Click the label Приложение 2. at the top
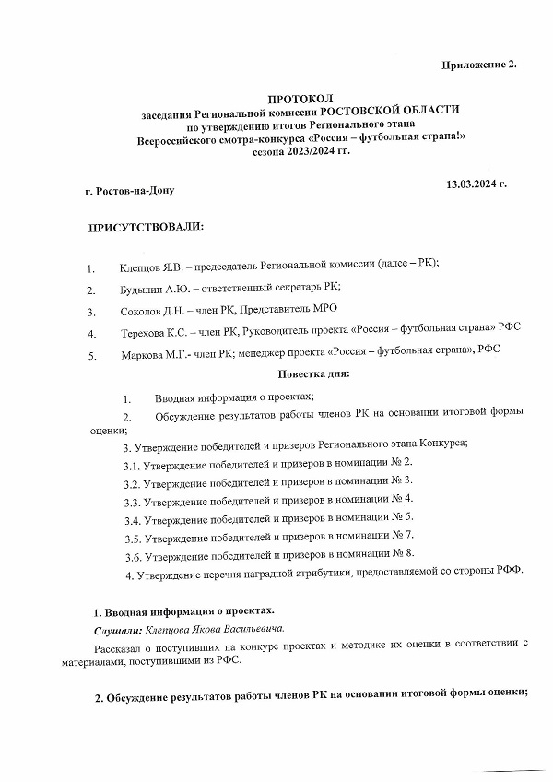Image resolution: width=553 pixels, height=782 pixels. (x=478, y=63)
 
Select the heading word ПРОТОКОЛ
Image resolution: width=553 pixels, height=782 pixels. (x=300, y=97)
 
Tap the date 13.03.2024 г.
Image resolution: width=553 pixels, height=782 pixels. (x=477, y=184)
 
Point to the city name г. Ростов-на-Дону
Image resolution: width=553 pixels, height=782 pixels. (x=128, y=192)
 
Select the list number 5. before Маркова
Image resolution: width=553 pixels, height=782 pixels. (x=91, y=356)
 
